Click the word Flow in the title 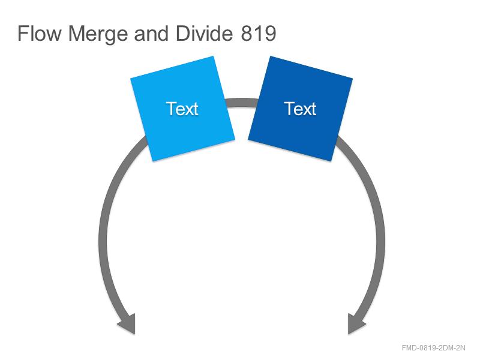[39, 33]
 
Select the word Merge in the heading [98, 34]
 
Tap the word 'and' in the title [151, 33]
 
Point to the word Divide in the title [204, 33]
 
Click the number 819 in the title [259, 33]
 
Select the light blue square [183, 109]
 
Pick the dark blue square [301, 109]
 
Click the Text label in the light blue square [182, 109]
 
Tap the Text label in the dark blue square [301, 109]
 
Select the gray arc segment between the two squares [242, 103]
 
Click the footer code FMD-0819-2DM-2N [433, 348]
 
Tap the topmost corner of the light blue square [213, 56]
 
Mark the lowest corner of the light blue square [153, 161]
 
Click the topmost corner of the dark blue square [270, 56]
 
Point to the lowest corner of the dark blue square [331, 161]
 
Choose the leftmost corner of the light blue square [131, 79]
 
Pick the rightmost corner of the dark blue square [352, 79]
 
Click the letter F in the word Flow [23, 33]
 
